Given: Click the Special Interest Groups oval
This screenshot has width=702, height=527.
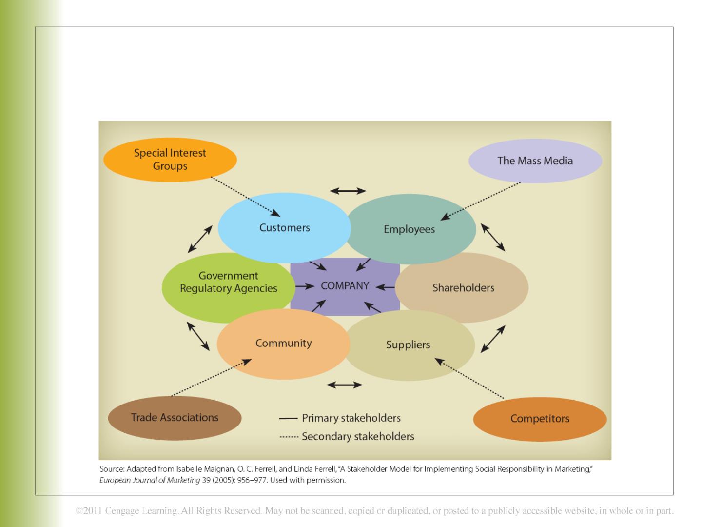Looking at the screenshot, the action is point(170,160).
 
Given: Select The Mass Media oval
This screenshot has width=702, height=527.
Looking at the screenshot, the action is point(535,161).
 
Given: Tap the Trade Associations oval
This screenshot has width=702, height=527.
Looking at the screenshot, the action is point(175,418).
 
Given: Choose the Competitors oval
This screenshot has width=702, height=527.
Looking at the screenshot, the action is point(540,419).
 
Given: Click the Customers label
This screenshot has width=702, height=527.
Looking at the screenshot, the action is point(284,227).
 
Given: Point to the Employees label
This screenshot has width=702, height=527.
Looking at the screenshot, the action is point(409,229).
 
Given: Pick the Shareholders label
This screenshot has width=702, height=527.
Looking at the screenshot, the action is point(463,288).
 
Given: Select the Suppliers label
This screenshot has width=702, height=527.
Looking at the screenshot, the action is point(408,345).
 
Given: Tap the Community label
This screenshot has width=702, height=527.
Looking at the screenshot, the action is point(283,344).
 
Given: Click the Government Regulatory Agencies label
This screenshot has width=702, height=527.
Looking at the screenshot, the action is point(228,282).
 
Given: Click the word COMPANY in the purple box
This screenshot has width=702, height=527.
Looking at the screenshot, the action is point(345,285).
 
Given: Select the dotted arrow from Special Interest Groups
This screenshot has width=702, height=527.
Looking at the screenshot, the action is point(245,197).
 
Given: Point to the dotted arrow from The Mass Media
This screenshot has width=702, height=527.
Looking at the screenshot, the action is point(480,201).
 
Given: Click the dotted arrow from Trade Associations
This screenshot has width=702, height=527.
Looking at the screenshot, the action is point(212,378).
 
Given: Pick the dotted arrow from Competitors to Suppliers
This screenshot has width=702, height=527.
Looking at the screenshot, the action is point(469,378).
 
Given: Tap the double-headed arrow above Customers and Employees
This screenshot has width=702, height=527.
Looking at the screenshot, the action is point(348,191).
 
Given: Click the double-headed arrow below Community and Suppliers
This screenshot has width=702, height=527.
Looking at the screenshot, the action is point(345,385).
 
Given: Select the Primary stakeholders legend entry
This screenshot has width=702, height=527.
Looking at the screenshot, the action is point(340,418).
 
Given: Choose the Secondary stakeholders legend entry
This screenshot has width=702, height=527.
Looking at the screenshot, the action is point(347,436).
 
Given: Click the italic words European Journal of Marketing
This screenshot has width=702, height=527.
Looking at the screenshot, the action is point(150,480).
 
